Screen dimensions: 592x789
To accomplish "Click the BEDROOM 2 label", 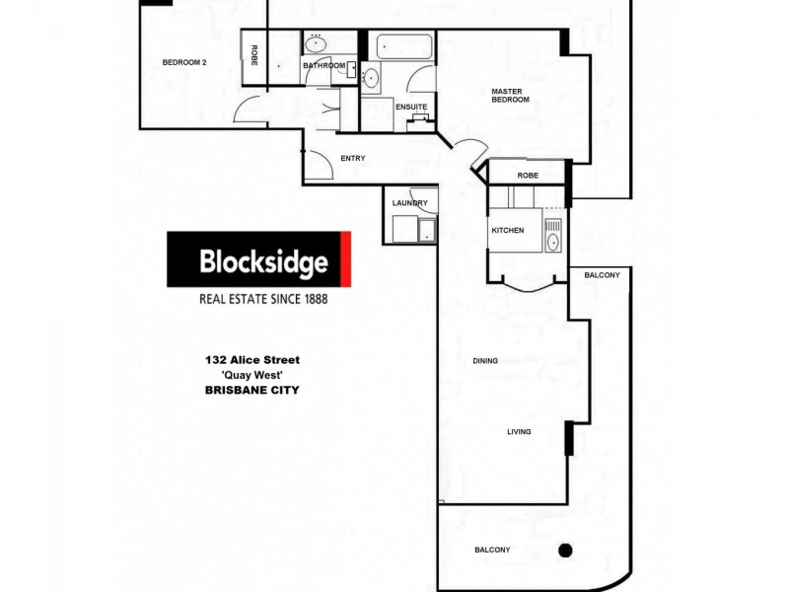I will [x=184, y=62].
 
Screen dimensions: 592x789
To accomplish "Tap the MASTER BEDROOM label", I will [x=511, y=96].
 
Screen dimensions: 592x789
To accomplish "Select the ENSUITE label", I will [x=411, y=107].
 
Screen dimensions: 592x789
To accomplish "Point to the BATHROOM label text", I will [x=324, y=66].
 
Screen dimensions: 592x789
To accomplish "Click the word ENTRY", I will [x=353, y=158].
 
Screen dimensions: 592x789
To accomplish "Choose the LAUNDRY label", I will [x=409, y=203].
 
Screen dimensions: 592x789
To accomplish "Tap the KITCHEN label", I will [x=508, y=230].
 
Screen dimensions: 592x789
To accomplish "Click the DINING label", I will [x=485, y=361].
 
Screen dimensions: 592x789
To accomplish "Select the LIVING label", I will [x=519, y=431].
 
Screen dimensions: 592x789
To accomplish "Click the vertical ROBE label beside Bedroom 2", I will [x=253, y=55].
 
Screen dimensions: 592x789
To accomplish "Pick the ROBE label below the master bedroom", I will [x=528, y=176].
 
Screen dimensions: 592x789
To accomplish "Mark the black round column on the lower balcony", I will [x=565, y=550].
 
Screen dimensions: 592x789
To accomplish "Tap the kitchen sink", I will [x=552, y=239].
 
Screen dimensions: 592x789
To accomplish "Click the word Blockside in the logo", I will [x=262, y=262].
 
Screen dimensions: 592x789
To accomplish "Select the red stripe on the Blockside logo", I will [x=346, y=259].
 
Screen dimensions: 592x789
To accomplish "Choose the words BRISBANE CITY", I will [x=251, y=390].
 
